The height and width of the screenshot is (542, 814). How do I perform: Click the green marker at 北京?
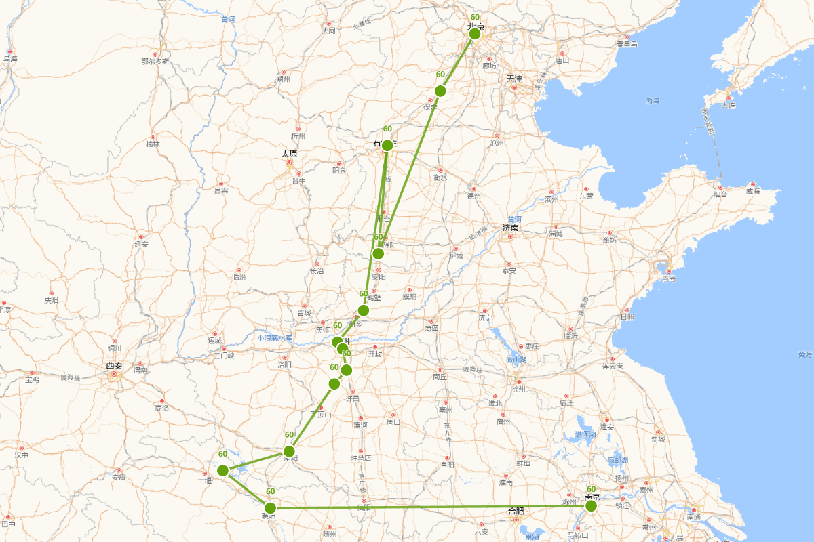475,34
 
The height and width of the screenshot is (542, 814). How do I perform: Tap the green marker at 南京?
591,505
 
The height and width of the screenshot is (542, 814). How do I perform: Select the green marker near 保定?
440,91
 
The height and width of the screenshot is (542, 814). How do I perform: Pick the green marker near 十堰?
222,470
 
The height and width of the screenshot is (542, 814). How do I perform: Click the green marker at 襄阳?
270,507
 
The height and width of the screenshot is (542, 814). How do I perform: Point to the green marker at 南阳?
289,451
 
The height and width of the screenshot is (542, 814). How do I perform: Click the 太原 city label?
289,154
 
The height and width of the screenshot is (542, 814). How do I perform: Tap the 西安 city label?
113,366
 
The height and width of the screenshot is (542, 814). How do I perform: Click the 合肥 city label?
516,511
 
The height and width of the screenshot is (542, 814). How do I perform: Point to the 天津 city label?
514,79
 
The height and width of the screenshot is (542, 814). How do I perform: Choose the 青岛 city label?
669,278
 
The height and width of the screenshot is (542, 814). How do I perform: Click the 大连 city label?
729,106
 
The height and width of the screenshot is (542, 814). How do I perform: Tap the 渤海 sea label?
652,101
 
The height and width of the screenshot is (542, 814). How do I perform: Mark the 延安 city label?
141,244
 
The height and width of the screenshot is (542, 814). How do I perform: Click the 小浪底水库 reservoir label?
274,337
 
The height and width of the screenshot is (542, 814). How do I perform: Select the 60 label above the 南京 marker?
591,489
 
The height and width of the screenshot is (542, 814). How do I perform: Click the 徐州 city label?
519,389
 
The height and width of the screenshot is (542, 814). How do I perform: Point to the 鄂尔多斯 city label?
155,62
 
